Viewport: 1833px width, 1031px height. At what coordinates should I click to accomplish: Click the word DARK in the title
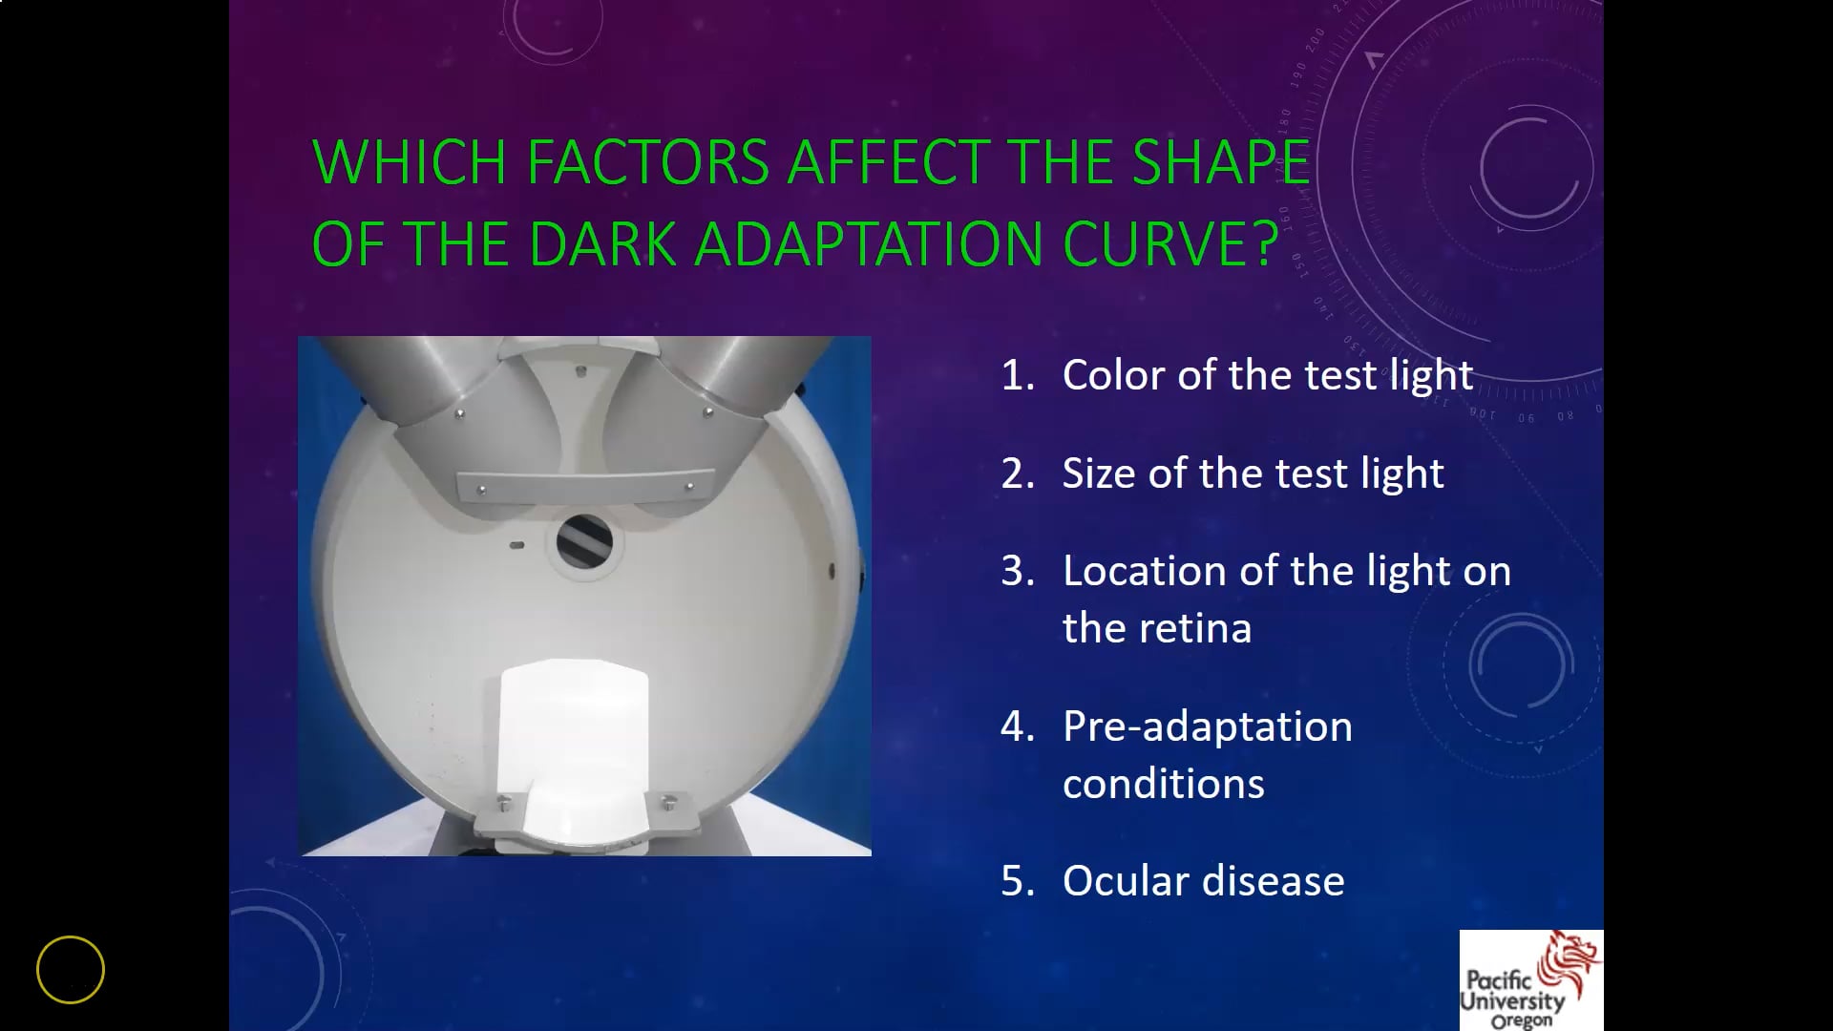tap(602, 244)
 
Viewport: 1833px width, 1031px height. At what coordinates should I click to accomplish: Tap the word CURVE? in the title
tap(1170, 244)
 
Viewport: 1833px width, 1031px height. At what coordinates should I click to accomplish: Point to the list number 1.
tap(1016, 375)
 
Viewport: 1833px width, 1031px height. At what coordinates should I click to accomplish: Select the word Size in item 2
tap(1098, 473)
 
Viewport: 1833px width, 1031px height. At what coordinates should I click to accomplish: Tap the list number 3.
tap(1017, 571)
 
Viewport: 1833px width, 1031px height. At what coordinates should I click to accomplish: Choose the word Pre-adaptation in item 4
tap(1208, 726)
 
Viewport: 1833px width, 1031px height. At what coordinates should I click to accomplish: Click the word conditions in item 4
tap(1163, 784)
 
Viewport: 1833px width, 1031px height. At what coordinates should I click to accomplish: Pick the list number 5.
tap(1017, 881)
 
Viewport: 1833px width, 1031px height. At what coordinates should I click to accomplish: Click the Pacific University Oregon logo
tap(1530, 980)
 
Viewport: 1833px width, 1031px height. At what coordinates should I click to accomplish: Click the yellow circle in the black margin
tap(71, 970)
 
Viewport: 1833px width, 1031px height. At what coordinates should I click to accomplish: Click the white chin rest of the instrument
tap(575, 745)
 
